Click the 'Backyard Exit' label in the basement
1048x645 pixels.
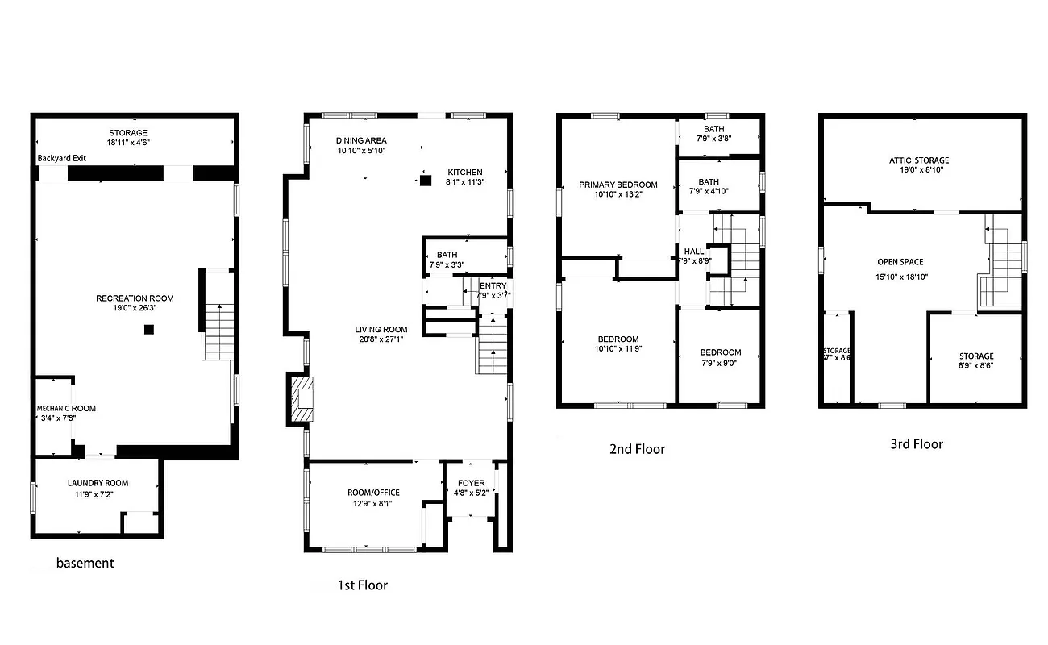pyautogui.click(x=61, y=158)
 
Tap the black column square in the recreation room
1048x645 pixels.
pyautogui.click(x=148, y=329)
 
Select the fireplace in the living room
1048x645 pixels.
pyautogui.click(x=301, y=399)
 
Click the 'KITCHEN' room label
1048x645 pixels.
pyautogui.click(x=465, y=172)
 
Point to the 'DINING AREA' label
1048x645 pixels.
pyautogui.click(x=361, y=140)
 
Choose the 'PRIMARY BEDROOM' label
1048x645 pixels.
pyautogui.click(x=618, y=185)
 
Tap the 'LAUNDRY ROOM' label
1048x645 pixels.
pyautogui.click(x=98, y=483)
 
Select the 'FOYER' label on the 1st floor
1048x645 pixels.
pyautogui.click(x=472, y=483)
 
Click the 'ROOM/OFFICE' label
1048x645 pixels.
pyautogui.click(x=373, y=493)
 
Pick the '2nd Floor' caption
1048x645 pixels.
pyautogui.click(x=637, y=449)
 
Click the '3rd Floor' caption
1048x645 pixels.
pyautogui.click(x=916, y=443)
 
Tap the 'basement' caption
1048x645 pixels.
pyautogui.click(x=85, y=563)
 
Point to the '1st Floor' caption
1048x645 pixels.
pyautogui.click(x=362, y=585)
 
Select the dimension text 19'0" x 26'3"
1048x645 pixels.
pyautogui.click(x=135, y=308)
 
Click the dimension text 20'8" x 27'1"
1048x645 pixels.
pyautogui.click(x=381, y=339)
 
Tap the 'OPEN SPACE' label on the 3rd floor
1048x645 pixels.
pyautogui.click(x=900, y=262)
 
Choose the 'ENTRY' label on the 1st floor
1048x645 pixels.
pyautogui.click(x=493, y=285)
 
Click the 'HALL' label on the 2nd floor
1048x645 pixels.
pyautogui.click(x=693, y=252)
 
